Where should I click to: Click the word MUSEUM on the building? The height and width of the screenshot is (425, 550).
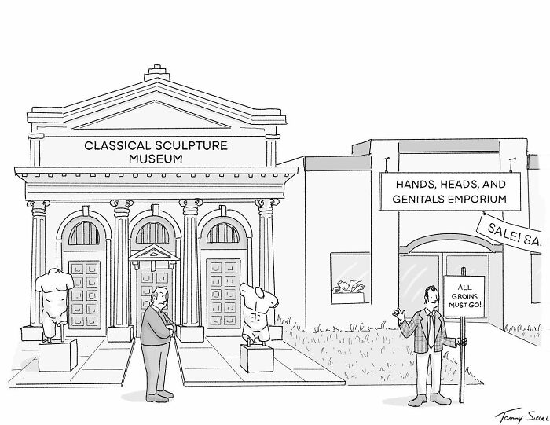point(156,159)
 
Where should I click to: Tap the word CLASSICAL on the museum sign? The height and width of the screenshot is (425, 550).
point(118,145)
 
